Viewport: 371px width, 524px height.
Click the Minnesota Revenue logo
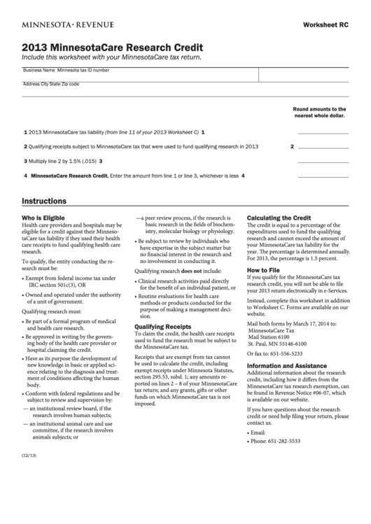coord(68,24)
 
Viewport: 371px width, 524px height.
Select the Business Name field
coord(140,75)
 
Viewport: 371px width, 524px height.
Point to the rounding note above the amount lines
coord(319,113)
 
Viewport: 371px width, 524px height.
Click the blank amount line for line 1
coord(323,132)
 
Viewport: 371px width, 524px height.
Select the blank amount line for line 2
coord(323,147)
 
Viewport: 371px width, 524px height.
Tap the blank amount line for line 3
coord(323,162)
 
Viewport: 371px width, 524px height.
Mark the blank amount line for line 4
coord(323,176)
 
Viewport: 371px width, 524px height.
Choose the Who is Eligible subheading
coord(45,218)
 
